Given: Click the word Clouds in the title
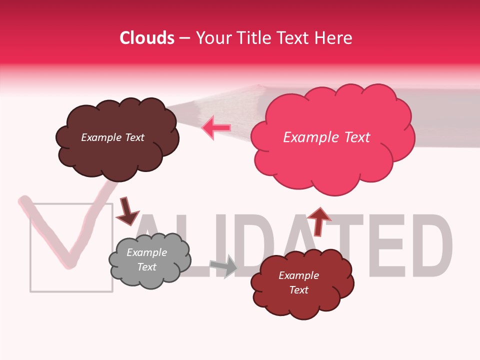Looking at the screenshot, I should click(147, 38).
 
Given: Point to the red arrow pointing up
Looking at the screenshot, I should click(318, 220).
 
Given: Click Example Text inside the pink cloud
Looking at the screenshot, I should click(326, 137).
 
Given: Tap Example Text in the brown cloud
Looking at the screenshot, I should click(112, 137).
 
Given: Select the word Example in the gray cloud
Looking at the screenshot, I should click(146, 252).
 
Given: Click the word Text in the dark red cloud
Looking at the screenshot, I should click(298, 290).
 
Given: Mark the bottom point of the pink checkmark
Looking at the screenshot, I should click(70, 264).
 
